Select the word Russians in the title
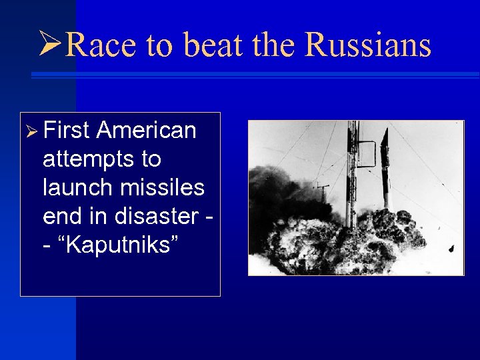(367, 45)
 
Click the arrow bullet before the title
(51, 45)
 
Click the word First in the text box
(66, 131)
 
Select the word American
(146, 131)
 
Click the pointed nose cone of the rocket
(384, 135)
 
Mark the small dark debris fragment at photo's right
(451, 249)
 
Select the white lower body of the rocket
(386, 190)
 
